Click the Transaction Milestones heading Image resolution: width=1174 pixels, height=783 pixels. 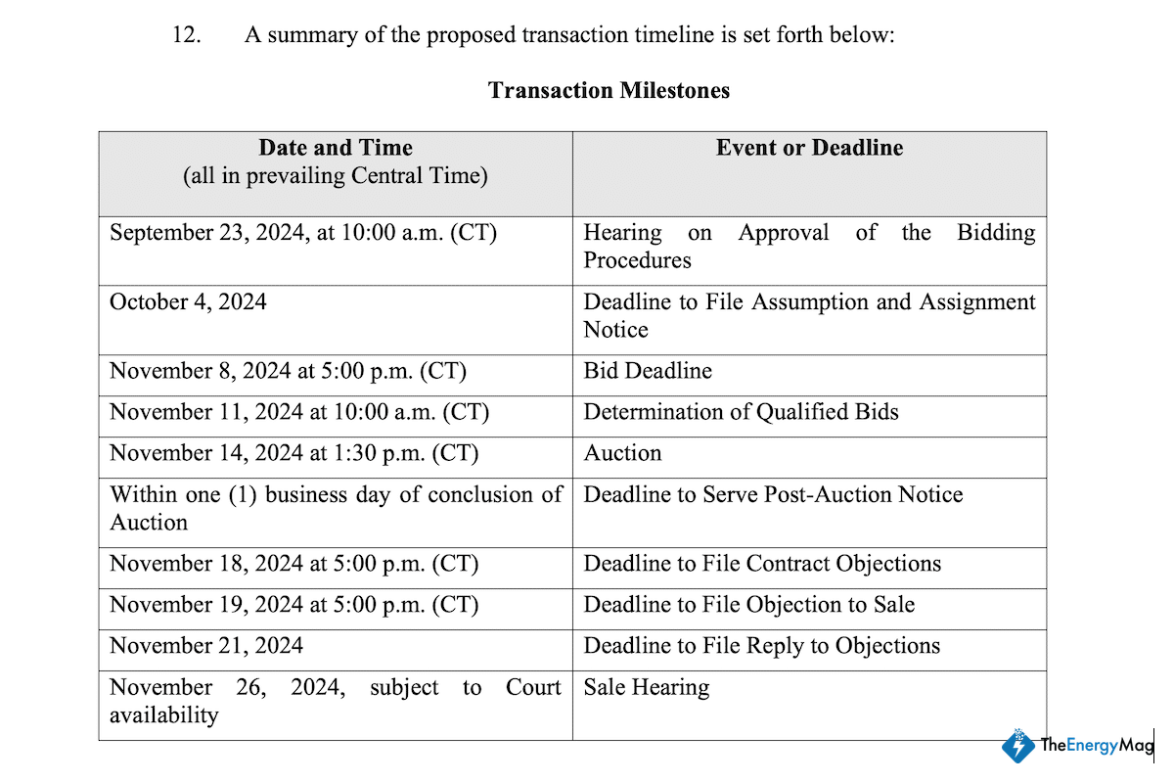pyautogui.click(x=609, y=91)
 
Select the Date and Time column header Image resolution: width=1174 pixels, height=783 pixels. pyautogui.click(x=336, y=148)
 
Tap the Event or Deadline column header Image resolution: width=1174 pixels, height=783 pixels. pyautogui.click(x=809, y=148)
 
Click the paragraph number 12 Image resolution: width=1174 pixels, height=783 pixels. pyautogui.click(x=186, y=35)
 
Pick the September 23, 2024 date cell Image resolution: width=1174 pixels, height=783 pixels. pyautogui.click(x=303, y=233)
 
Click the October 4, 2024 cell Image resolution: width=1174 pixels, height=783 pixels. pyautogui.click(x=188, y=301)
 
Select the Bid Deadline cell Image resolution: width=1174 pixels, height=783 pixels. pyautogui.click(x=648, y=371)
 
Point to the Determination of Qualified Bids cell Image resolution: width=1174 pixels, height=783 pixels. pyautogui.click(x=741, y=412)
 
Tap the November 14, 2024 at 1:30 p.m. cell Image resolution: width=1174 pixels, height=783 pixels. pyautogui.click(x=293, y=453)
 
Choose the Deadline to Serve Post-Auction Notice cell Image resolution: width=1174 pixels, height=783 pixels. pyautogui.click(x=773, y=494)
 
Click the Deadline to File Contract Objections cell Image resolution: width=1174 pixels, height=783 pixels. pyautogui.click(x=762, y=564)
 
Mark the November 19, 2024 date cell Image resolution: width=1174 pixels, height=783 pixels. pyautogui.click(x=293, y=605)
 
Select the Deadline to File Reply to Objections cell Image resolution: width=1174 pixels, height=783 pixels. pyautogui.click(x=761, y=646)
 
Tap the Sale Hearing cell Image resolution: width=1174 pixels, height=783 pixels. pyautogui.click(x=647, y=687)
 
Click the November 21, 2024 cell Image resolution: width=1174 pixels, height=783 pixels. pyautogui.click(x=206, y=646)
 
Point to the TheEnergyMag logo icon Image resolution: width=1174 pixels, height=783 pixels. pyautogui.click(x=1018, y=746)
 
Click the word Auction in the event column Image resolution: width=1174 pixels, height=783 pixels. pyautogui.click(x=622, y=453)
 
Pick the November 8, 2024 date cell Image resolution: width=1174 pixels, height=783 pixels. pyautogui.click(x=288, y=371)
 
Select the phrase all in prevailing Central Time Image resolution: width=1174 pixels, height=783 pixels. pyautogui.click(x=336, y=176)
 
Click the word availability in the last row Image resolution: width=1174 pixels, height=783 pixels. pyautogui.click(x=163, y=714)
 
